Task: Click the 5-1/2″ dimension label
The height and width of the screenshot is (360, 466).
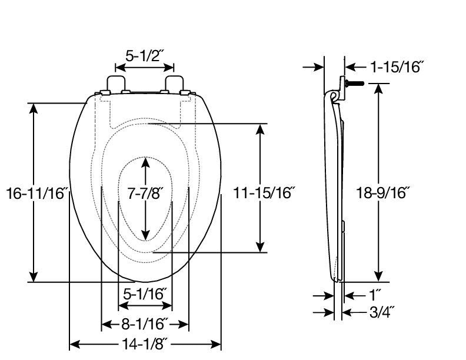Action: [145, 56]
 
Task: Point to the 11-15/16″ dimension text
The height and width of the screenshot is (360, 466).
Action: [264, 193]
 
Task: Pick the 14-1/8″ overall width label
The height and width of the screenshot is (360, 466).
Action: [145, 345]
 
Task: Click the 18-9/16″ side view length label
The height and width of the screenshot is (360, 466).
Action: [383, 194]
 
